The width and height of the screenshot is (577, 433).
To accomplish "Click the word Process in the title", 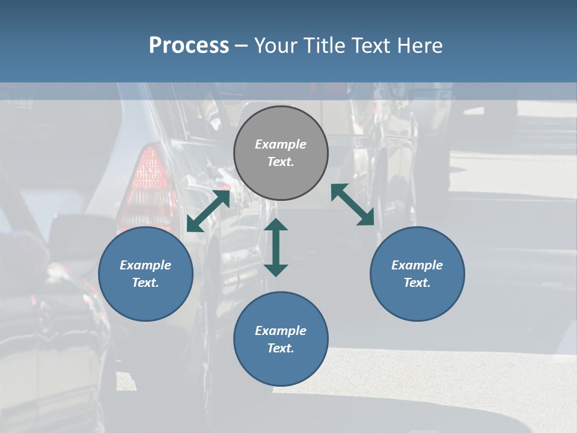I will (x=189, y=46).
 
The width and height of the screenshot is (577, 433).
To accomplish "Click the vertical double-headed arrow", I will (x=276, y=248).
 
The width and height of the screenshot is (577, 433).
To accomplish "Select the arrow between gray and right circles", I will (x=353, y=205).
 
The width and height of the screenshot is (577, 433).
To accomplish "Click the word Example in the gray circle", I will (x=281, y=144).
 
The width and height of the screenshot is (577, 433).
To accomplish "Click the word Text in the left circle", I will (x=145, y=283).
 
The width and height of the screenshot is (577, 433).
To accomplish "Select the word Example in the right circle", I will (x=417, y=265).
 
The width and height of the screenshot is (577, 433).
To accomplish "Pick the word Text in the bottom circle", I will (x=281, y=348).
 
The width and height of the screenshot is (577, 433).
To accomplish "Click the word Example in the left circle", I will (x=145, y=265).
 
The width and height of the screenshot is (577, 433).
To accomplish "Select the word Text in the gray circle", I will (x=281, y=162).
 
